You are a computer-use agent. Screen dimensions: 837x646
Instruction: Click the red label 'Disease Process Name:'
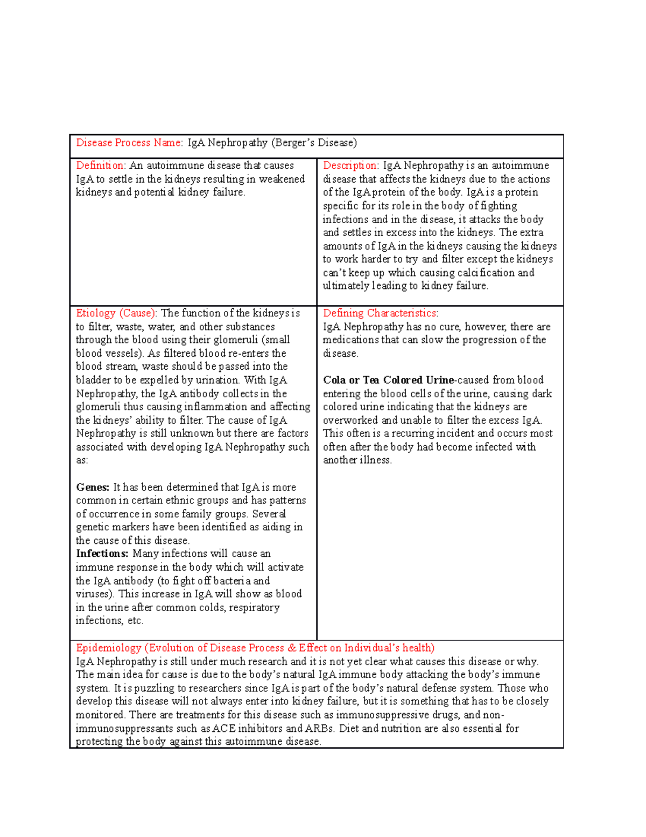tap(129, 143)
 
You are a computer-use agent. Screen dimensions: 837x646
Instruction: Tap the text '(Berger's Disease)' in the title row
tap(314, 143)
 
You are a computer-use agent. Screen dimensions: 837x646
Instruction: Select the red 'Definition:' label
tap(101, 165)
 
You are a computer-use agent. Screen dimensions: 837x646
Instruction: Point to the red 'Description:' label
tap(351, 165)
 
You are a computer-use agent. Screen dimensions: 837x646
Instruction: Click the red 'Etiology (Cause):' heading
tap(116, 313)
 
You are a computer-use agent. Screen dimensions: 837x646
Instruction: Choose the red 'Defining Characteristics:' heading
tap(381, 313)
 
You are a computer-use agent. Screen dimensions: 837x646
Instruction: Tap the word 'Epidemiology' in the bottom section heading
tap(108, 648)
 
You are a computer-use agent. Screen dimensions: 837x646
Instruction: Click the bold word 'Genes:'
tap(93, 487)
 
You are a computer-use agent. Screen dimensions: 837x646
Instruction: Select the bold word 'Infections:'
tap(102, 554)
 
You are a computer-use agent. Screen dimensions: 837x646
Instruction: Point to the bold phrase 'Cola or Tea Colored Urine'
tap(388, 380)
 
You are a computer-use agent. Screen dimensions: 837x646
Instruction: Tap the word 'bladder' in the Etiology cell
tap(92, 380)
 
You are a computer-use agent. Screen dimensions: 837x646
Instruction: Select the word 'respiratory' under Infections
tap(254, 607)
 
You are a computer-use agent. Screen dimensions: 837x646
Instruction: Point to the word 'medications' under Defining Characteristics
tap(350, 340)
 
